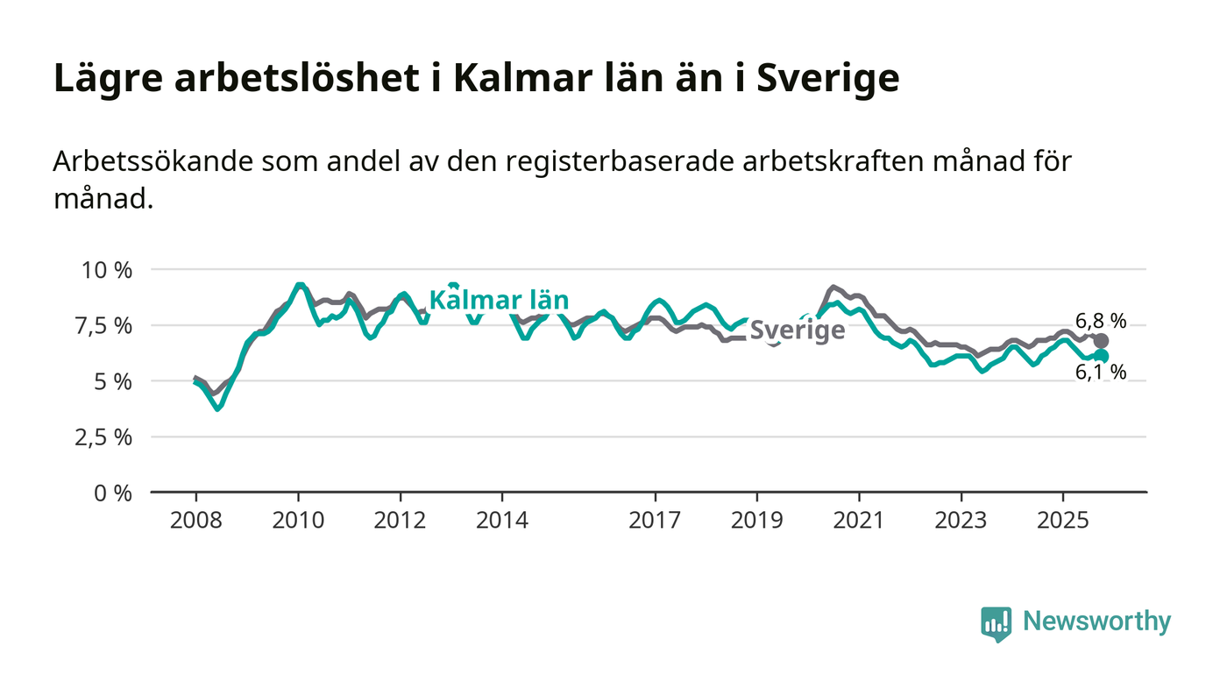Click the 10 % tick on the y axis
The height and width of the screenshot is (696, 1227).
(107, 270)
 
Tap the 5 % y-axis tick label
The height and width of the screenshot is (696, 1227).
(113, 382)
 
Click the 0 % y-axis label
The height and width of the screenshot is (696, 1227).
(113, 494)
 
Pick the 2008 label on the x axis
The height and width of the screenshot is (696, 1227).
(195, 521)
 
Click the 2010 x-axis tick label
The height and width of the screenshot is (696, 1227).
(298, 521)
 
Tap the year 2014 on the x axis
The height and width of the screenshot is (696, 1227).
(502, 521)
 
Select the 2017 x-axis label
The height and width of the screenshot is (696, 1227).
(655, 521)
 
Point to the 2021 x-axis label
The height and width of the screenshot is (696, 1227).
(859, 521)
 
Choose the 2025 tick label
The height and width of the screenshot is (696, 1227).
(1063, 521)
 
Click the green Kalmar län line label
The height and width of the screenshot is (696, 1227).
(499, 301)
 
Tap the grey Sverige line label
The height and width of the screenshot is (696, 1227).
(798, 330)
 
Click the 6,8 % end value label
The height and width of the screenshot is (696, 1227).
(1101, 320)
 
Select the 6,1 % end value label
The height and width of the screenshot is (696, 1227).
(1101, 373)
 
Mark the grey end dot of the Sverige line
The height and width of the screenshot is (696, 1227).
(1101, 340)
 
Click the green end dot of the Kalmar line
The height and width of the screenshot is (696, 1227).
(1101, 356)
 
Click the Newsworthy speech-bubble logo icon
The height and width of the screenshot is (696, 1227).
(996, 623)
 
